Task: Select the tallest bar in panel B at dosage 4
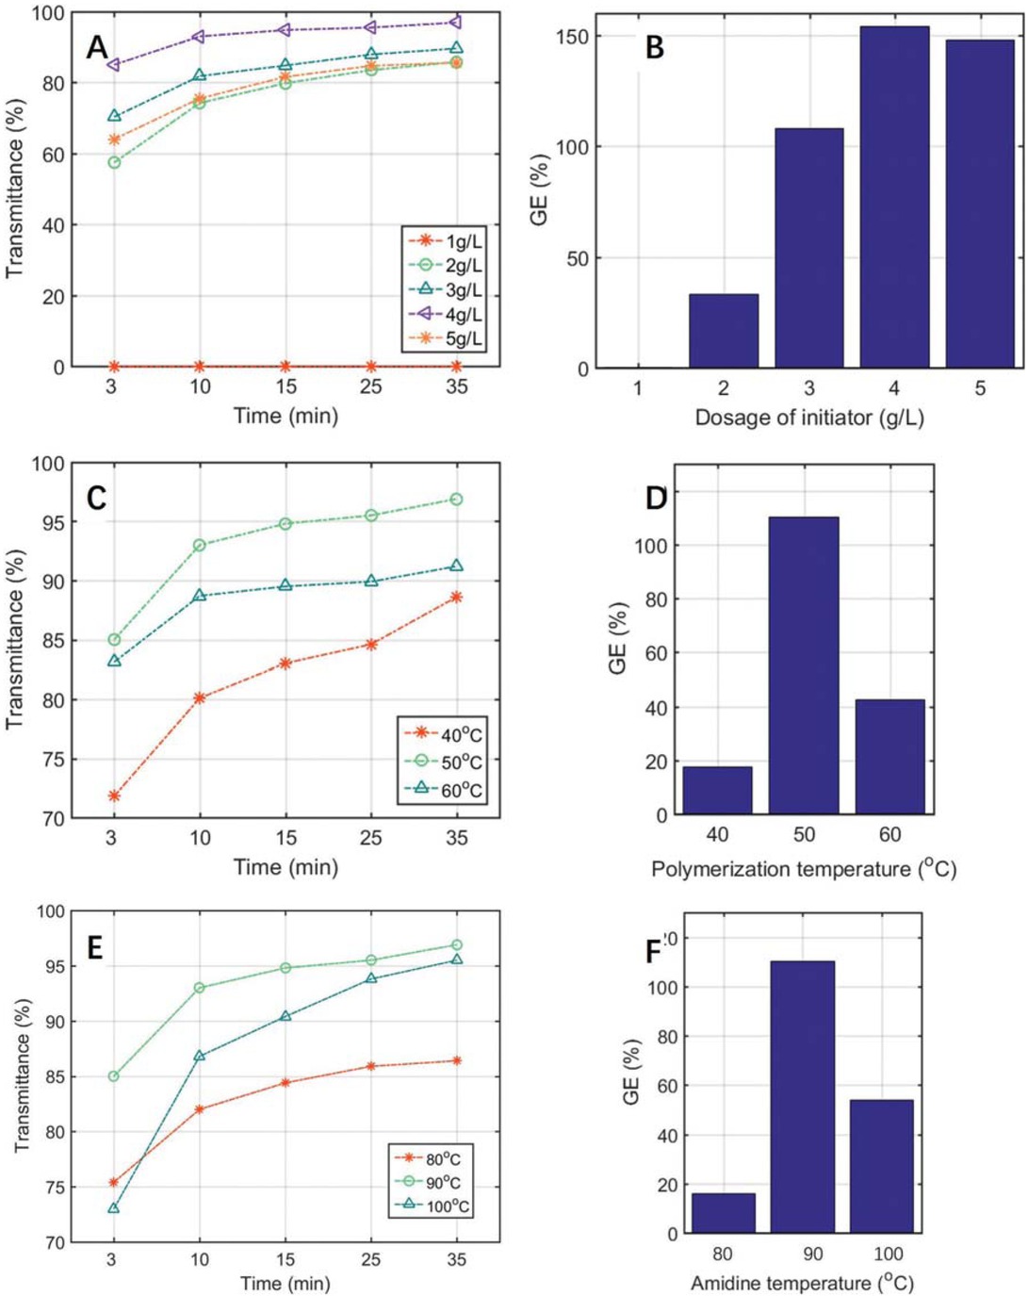pyautogui.click(x=893, y=197)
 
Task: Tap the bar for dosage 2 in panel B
pyautogui.click(x=723, y=331)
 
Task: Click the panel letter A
pyautogui.click(x=97, y=46)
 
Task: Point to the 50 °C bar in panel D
pyautogui.click(x=803, y=665)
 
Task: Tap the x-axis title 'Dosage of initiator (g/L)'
pyautogui.click(x=808, y=418)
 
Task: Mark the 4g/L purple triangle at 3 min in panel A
pyautogui.click(x=114, y=65)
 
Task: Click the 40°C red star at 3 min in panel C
pyautogui.click(x=114, y=796)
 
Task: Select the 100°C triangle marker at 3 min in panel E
pyautogui.click(x=114, y=1208)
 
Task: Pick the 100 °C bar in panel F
pyautogui.click(x=881, y=1166)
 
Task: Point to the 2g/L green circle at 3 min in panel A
pyautogui.click(x=114, y=162)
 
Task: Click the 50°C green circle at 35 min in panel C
pyautogui.click(x=457, y=500)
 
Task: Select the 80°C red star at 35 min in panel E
pyautogui.click(x=457, y=1060)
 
